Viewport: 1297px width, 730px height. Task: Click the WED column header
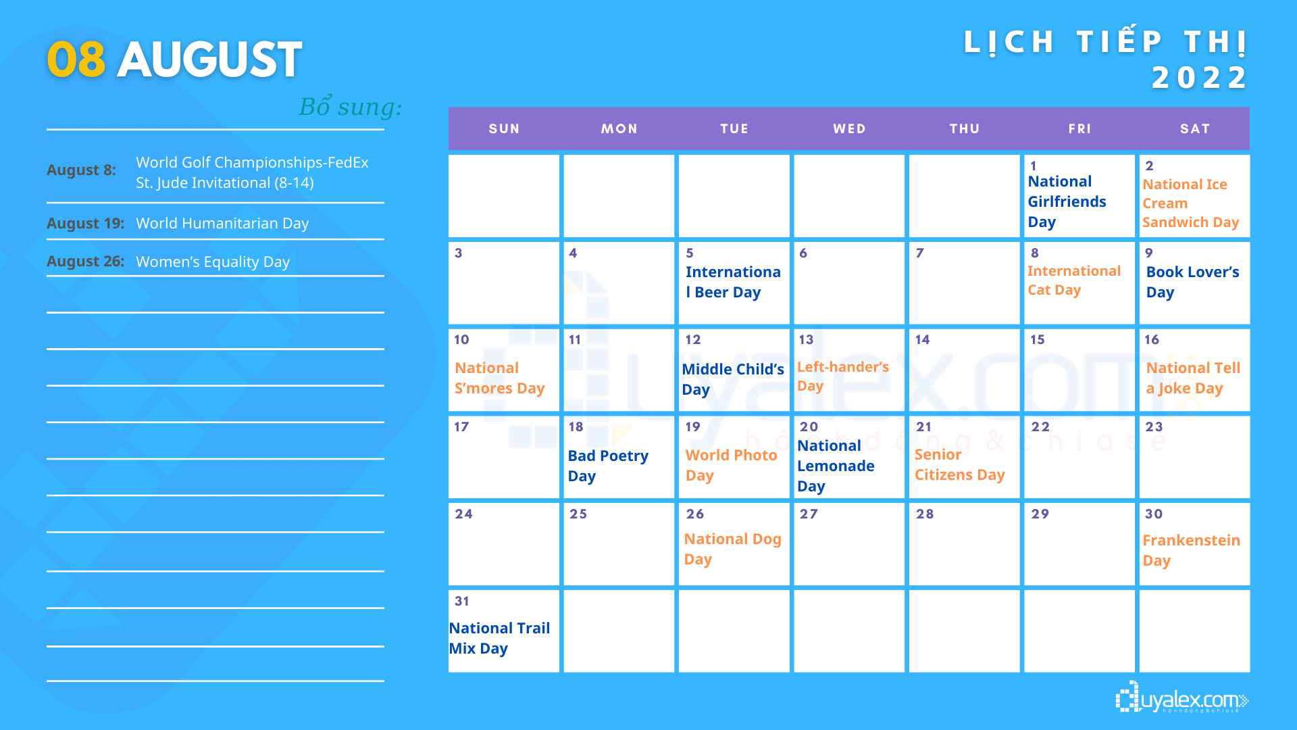tap(849, 128)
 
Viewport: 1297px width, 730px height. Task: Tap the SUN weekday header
tap(504, 128)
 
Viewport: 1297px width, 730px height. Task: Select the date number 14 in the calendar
tap(922, 339)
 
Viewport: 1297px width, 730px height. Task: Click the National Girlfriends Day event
tap(1067, 201)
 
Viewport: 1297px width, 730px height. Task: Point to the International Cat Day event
tap(1073, 280)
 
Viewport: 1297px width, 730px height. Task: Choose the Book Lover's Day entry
tap(1192, 282)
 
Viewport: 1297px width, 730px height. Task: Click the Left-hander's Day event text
tap(842, 376)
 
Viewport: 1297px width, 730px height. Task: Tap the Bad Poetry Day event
tap(608, 466)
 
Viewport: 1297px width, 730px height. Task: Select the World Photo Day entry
tap(731, 465)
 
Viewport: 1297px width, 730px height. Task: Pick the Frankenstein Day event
tap(1191, 550)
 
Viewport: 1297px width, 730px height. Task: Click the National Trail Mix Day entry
tap(499, 638)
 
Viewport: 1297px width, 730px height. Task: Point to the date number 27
tap(809, 514)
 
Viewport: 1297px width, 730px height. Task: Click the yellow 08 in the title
tap(76, 59)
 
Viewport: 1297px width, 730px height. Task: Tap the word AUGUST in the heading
tap(209, 59)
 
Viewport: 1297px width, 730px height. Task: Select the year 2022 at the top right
tap(1200, 77)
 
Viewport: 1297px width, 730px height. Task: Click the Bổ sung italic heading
tap(351, 106)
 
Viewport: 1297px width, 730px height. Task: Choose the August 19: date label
tap(86, 223)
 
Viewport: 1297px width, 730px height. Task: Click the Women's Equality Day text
tap(213, 262)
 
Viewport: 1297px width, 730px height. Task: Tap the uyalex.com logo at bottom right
tap(1182, 698)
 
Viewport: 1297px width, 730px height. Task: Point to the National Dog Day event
tap(732, 549)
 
